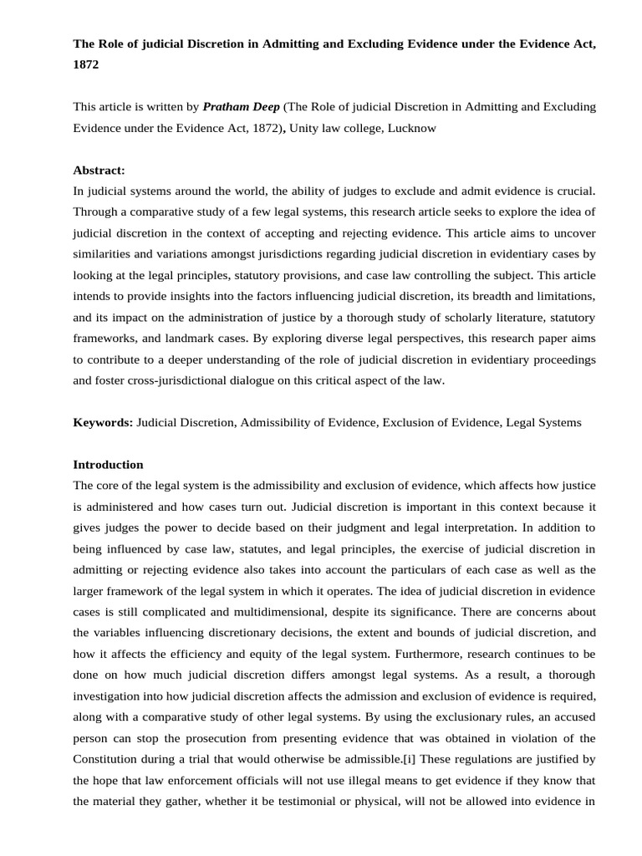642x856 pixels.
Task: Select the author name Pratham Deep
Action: (242, 107)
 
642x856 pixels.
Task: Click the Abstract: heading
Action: (99, 170)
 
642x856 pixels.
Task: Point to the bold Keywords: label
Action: (103, 422)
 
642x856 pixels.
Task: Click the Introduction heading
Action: (108, 464)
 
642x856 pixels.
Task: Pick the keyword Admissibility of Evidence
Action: (308, 422)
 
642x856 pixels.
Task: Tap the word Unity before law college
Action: (303, 129)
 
